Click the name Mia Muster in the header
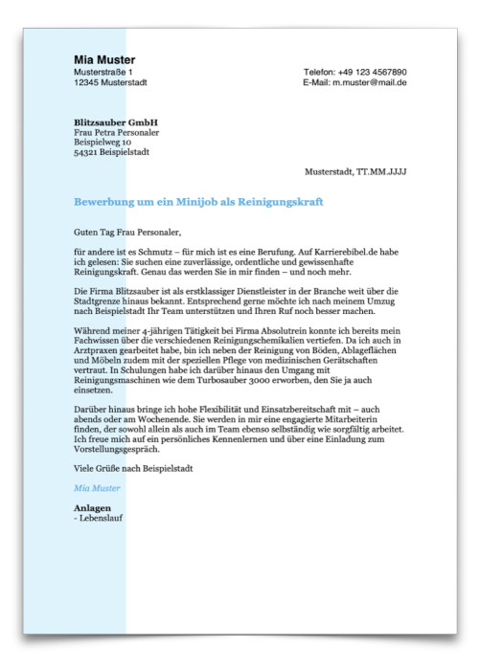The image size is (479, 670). tap(104, 59)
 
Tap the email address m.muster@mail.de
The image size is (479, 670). tap(370, 82)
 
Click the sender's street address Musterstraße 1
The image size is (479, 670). tap(103, 72)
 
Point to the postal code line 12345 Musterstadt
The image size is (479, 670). tap(109, 82)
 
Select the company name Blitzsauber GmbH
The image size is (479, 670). tap(116, 123)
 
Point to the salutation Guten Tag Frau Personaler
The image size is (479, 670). tap(126, 232)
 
